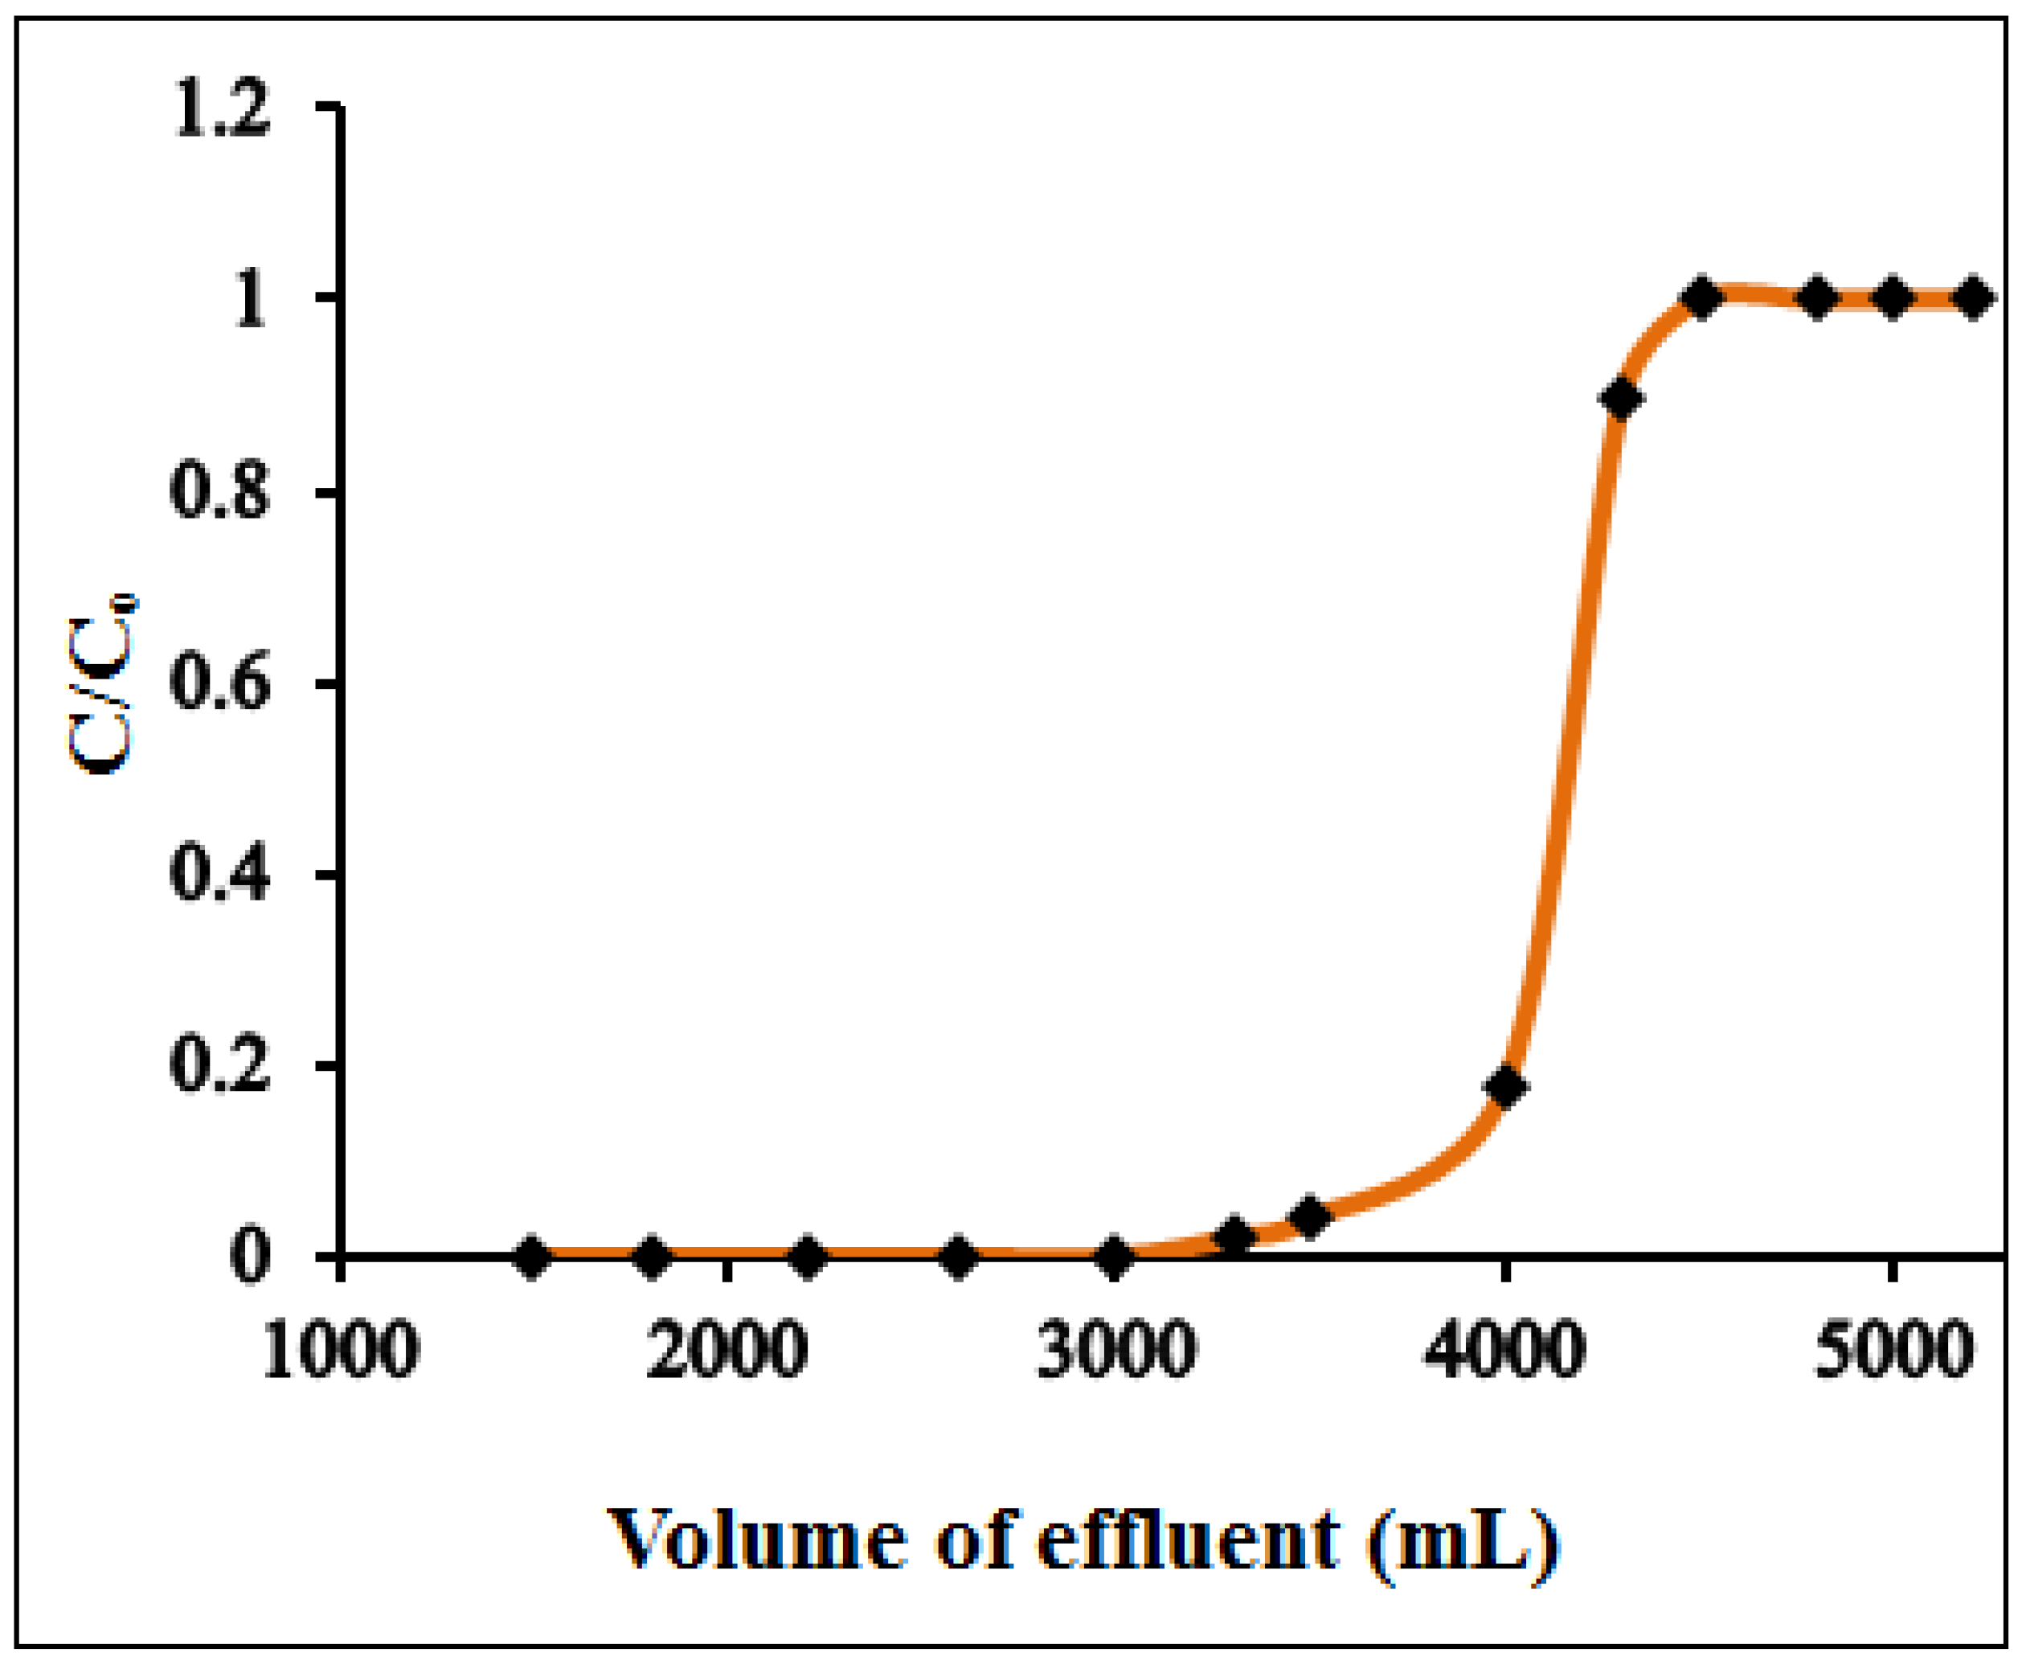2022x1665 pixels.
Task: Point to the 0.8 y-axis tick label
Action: pyautogui.click(x=219, y=493)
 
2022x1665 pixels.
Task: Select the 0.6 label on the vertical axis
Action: pyautogui.click(x=219, y=684)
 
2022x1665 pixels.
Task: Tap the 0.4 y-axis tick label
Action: pyautogui.click(x=219, y=875)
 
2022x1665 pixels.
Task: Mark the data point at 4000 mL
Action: pyautogui.click(x=1505, y=1087)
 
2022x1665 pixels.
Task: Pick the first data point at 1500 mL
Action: pyautogui.click(x=533, y=1257)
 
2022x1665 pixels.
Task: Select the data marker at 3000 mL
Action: pyautogui.click(x=1114, y=1257)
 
